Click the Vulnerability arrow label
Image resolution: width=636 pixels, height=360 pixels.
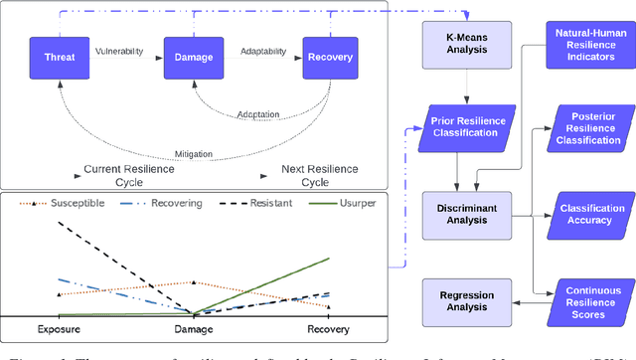click(x=120, y=49)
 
